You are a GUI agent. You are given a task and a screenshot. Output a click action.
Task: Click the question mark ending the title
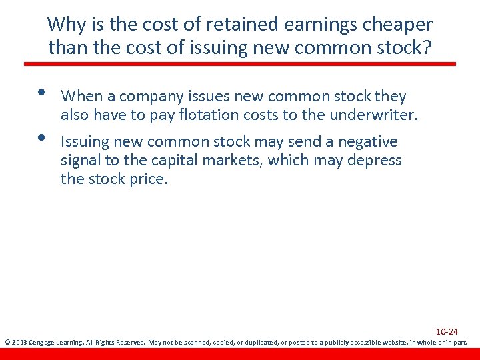[x=427, y=48]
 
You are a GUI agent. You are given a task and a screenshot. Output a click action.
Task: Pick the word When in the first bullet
[x=81, y=97]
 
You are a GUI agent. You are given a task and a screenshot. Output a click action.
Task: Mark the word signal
[x=81, y=161]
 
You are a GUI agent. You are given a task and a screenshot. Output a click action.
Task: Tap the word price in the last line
[x=149, y=179]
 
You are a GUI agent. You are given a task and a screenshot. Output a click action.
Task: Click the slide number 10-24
[x=447, y=331]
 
